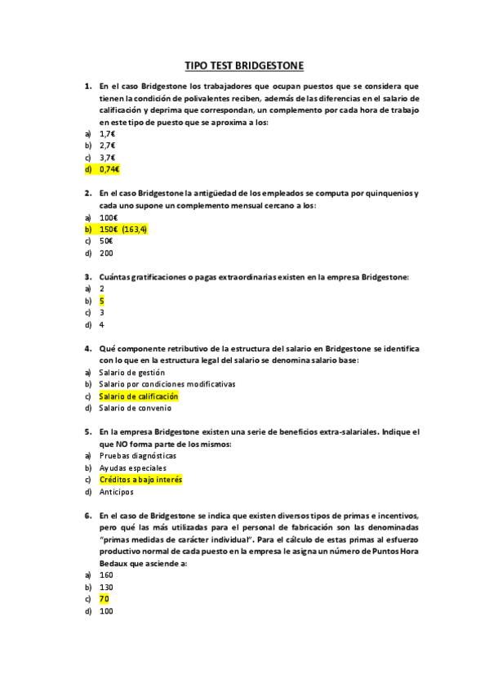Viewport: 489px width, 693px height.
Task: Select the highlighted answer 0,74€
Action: click(x=109, y=169)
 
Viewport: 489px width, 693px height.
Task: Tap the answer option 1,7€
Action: click(x=107, y=133)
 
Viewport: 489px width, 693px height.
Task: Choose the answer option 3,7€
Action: click(x=107, y=157)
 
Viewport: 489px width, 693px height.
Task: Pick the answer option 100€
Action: click(x=108, y=217)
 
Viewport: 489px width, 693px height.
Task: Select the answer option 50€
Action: click(x=106, y=241)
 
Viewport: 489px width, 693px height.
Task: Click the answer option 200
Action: click(x=106, y=253)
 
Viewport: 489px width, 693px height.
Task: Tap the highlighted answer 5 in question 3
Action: click(x=102, y=301)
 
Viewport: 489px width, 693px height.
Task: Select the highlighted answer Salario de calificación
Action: click(x=138, y=396)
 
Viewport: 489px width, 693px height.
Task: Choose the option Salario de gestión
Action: click(x=131, y=373)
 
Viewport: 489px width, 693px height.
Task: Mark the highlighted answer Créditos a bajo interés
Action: click(x=140, y=481)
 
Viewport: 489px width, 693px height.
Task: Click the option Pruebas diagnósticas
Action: click(x=137, y=456)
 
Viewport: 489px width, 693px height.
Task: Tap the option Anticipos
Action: click(x=116, y=492)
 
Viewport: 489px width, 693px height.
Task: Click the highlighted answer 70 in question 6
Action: click(x=104, y=599)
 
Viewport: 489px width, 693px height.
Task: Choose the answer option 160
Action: click(x=106, y=575)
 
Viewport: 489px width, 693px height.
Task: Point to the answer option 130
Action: click(x=106, y=587)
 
